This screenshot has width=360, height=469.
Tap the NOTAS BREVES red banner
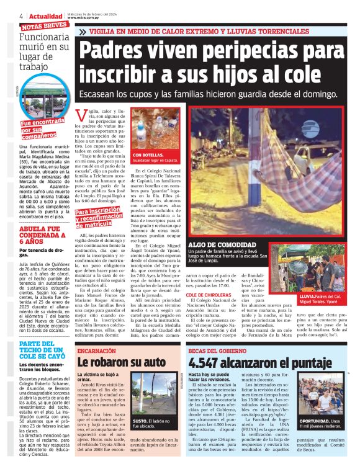coord(44,26)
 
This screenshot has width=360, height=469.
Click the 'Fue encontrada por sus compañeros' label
coord(42,129)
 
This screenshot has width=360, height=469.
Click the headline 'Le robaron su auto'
coord(121,362)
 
